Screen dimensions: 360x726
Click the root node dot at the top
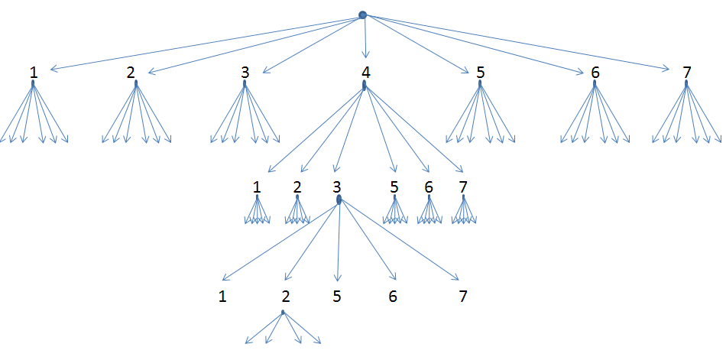tap(363, 15)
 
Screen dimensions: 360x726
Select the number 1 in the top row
tap(33, 73)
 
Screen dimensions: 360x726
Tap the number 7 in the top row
tap(687, 73)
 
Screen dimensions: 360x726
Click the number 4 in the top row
tap(365, 73)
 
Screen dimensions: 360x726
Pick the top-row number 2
tap(131, 73)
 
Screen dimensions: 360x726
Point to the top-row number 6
tap(595, 73)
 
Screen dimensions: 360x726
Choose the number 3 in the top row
tap(245, 73)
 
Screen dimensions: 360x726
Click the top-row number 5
tap(480, 73)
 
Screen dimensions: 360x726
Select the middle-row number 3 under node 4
tap(336, 187)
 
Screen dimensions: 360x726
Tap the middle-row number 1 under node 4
tap(257, 187)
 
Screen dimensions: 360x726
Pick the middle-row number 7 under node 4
tap(463, 187)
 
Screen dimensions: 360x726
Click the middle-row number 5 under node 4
tap(394, 187)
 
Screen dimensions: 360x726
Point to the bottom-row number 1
tap(222, 297)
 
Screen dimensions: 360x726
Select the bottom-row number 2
tap(286, 297)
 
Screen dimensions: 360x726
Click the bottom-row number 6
tap(393, 297)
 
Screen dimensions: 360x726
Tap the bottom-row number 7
tap(462, 297)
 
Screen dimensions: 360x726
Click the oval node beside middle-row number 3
tap(339, 199)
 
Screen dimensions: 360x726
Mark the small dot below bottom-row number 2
tap(283, 312)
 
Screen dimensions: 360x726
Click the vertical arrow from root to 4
tap(365, 38)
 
